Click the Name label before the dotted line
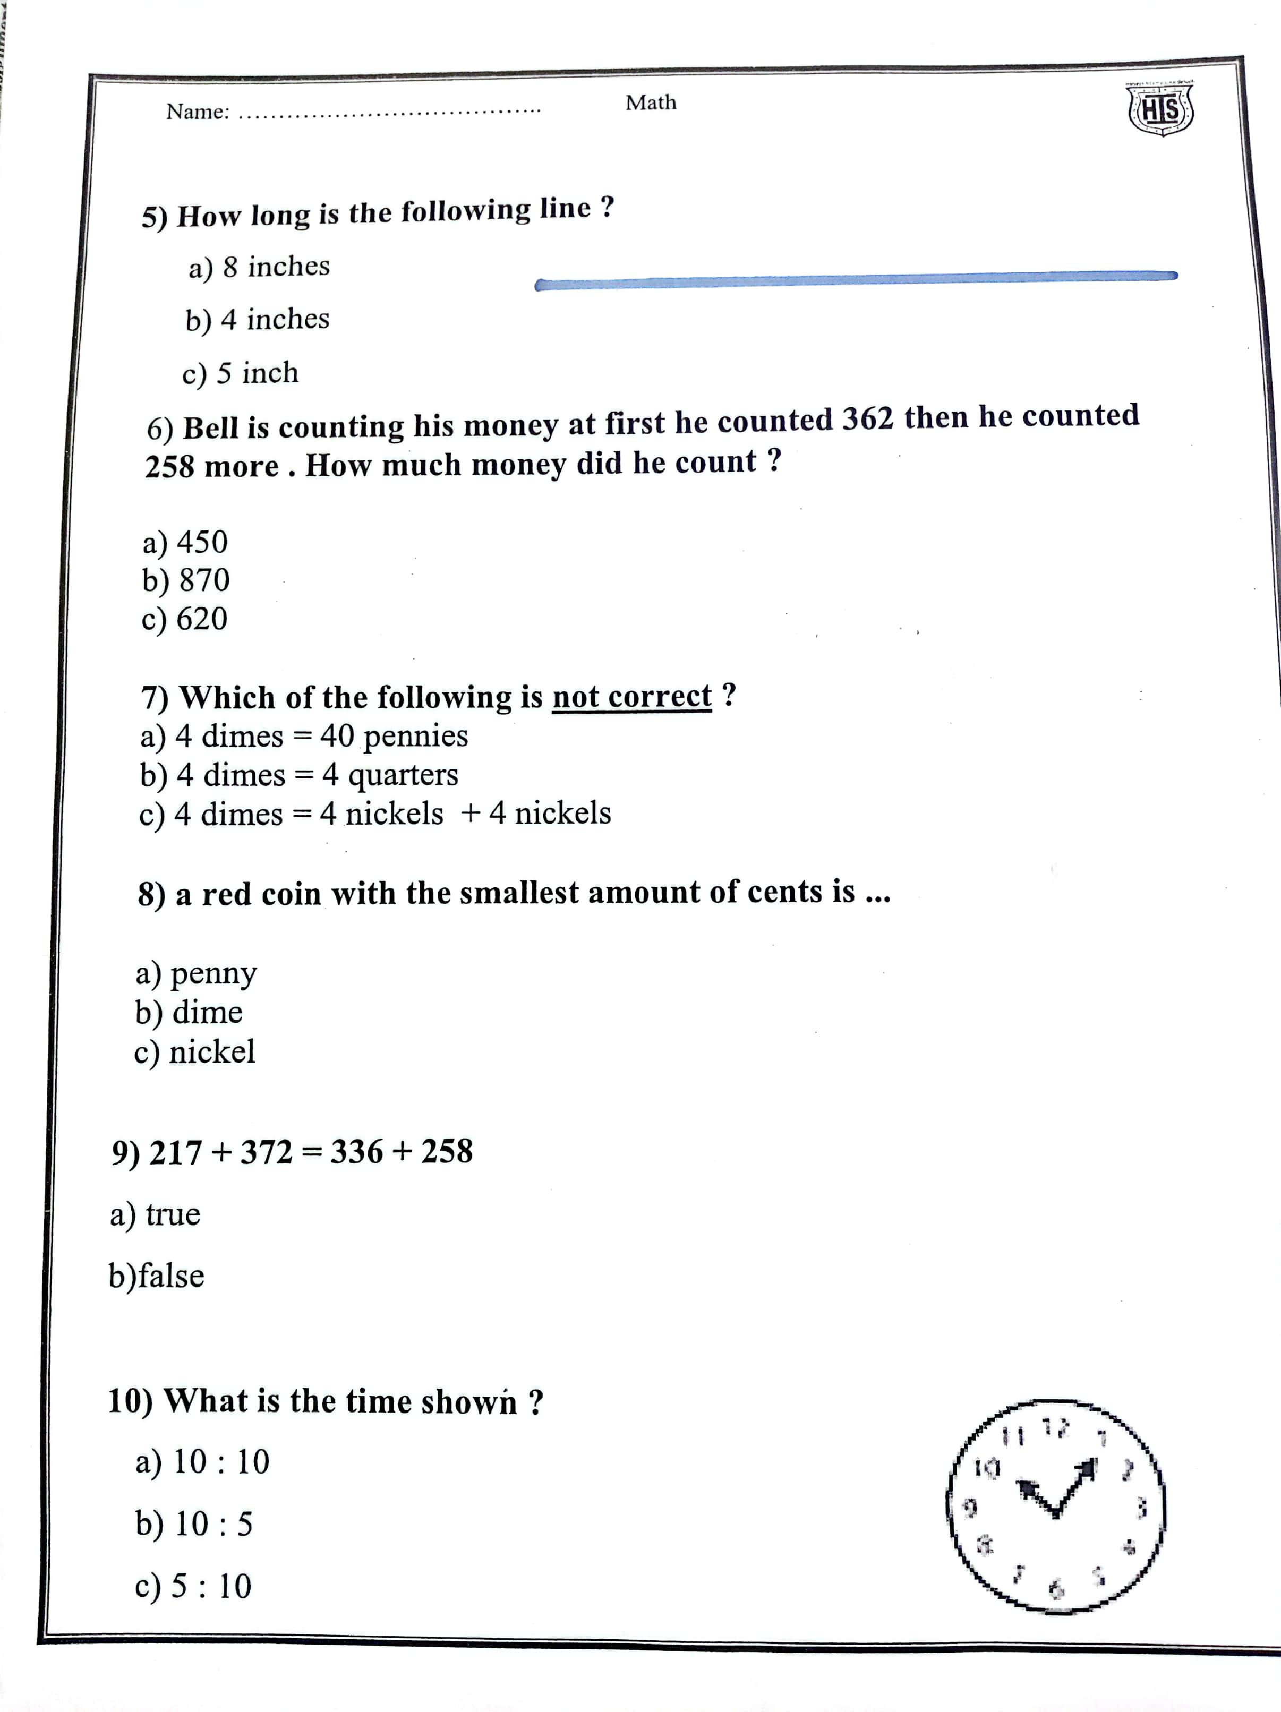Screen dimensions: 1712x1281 tap(198, 112)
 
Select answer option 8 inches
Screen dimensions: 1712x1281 tap(259, 267)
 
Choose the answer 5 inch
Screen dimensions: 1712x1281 tap(240, 373)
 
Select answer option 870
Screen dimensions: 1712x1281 tap(186, 580)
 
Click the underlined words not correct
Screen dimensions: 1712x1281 tap(631, 697)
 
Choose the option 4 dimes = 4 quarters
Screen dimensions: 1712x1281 tap(299, 775)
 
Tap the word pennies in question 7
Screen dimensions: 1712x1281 tap(416, 735)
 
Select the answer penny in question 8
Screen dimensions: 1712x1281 tap(196, 974)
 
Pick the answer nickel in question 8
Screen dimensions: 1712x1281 tap(194, 1052)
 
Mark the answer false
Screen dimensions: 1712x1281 tap(156, 1276)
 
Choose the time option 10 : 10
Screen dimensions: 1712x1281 tap(202, 1462)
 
